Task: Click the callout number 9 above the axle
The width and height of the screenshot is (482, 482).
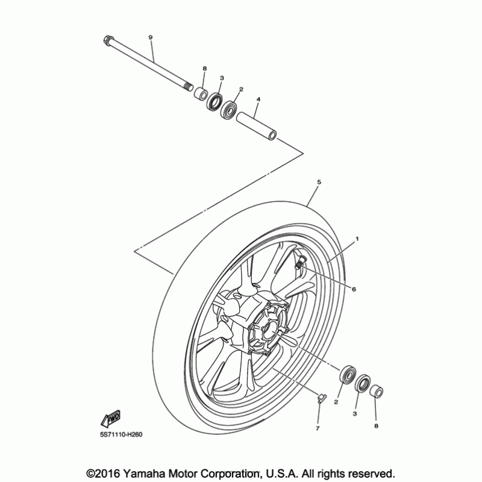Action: [x=151, y=37]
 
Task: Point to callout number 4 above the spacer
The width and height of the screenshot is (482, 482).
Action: [x=258, y=98]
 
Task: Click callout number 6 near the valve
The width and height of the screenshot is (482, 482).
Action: [x=354, y=289]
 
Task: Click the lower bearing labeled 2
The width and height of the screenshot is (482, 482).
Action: [x=348, y=374]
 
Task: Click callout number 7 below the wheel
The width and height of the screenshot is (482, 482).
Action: [x=318, y=428]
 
